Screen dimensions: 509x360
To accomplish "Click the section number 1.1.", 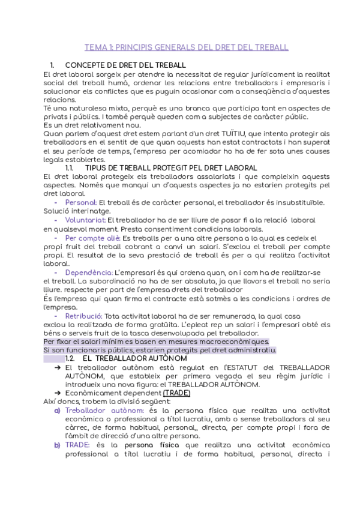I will (x=71, y=167).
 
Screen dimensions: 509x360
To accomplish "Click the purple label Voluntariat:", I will (x=85, y=220).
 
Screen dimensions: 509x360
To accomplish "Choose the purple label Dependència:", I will (x=88, y=273).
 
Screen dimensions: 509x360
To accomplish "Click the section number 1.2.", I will (x=71, y=358).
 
